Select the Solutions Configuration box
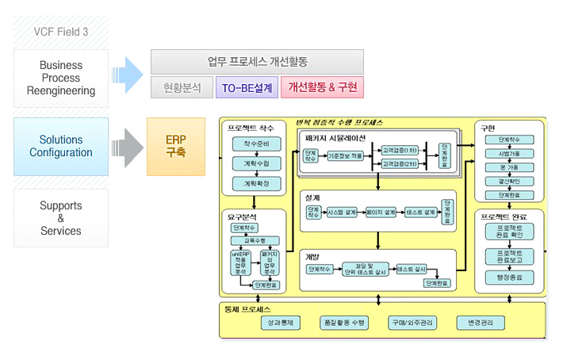(60, 146)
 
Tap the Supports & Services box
(60, 218)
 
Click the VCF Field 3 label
(60, 31)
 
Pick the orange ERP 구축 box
(175, 146)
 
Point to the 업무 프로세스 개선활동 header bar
(257, 61)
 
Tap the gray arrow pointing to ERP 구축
(127, 146)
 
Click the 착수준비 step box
(251, 144)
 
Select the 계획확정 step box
(251, 183)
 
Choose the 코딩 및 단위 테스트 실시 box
(362, 270)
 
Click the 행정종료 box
(504, 278)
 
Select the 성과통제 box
(281, 323)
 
